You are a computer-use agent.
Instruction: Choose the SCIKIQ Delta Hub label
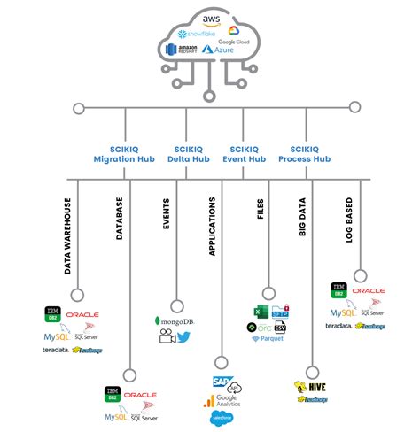pos(186,153)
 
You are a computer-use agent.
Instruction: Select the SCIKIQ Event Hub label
pos(245,153)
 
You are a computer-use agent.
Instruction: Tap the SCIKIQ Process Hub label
pos(306,153)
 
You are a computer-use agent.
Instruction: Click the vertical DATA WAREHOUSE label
pos(69,234)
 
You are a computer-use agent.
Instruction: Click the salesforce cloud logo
pos(222,416)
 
